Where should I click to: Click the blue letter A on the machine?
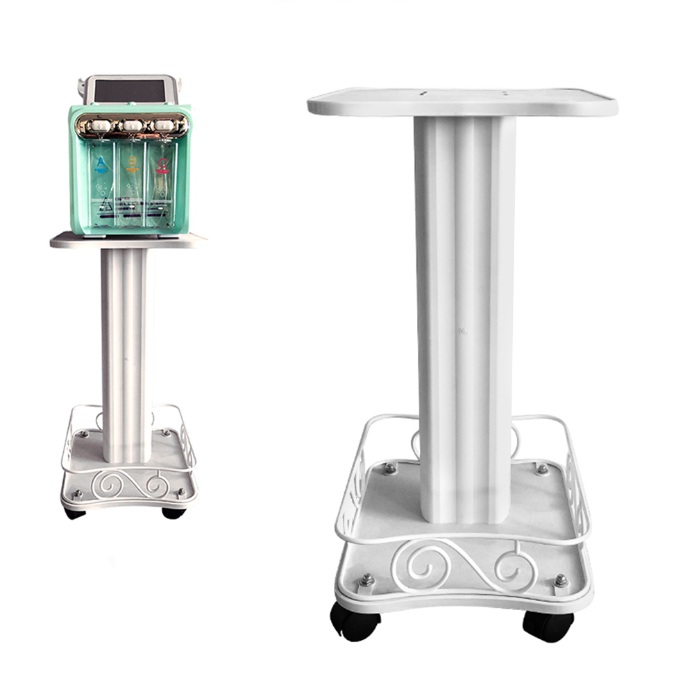click(101, 164)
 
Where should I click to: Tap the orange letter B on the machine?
click(132, 164)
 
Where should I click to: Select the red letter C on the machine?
click(162, 164)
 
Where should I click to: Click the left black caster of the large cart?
click(355, 620)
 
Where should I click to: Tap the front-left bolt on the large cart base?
click(366, 579)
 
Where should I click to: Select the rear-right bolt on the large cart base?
click(541, 469)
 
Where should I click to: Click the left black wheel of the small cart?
click(74, 513)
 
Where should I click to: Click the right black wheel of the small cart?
click(173, 513)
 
